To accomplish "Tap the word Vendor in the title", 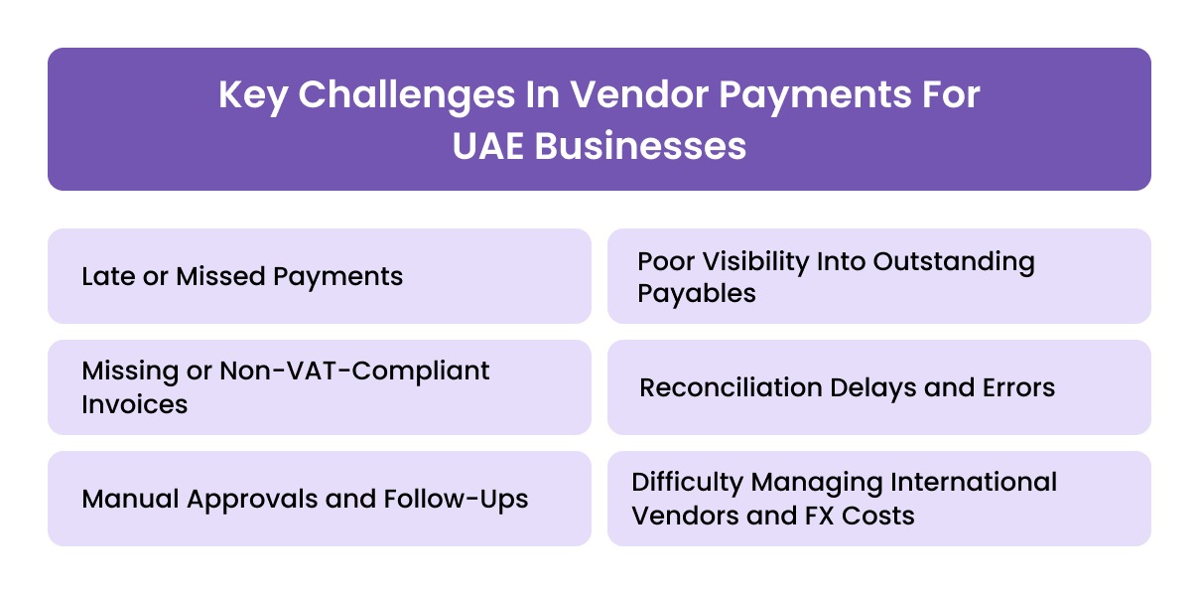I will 624,96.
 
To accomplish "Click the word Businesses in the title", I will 641,146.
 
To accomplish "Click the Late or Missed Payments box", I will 319,276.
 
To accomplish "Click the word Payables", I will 697,293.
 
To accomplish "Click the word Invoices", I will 135,403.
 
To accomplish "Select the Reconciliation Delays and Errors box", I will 878,387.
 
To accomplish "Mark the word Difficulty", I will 687,483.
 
